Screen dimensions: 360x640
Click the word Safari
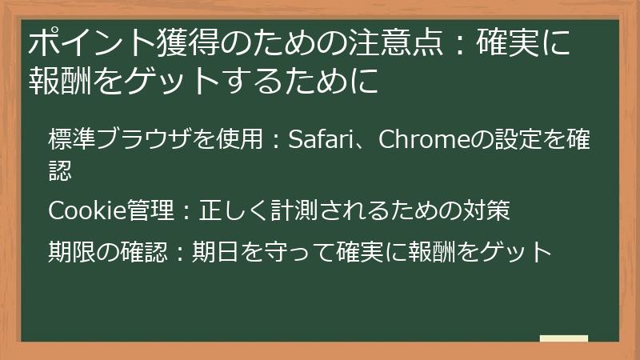[320, 140]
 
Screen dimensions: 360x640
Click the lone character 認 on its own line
[60, 169]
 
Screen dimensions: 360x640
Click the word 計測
[291, 211]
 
